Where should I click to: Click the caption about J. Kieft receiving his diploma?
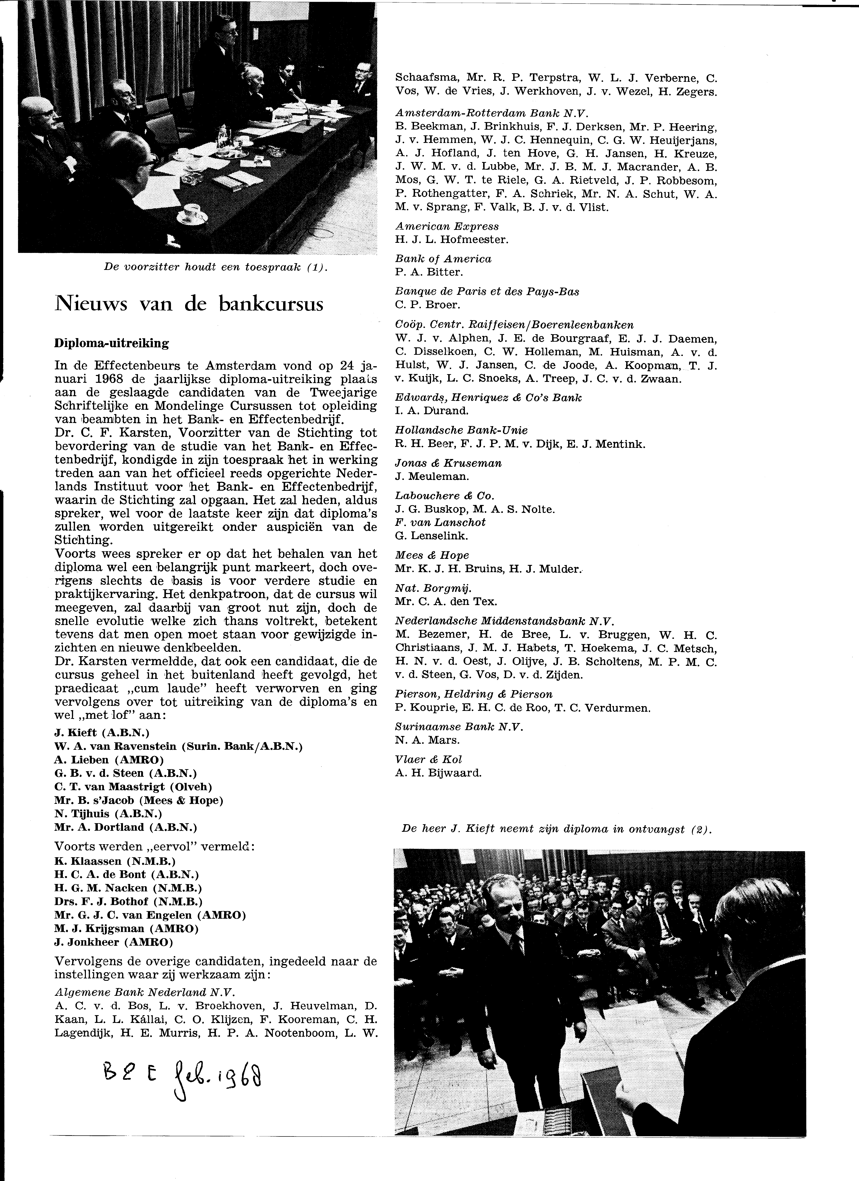click(556, 830)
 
